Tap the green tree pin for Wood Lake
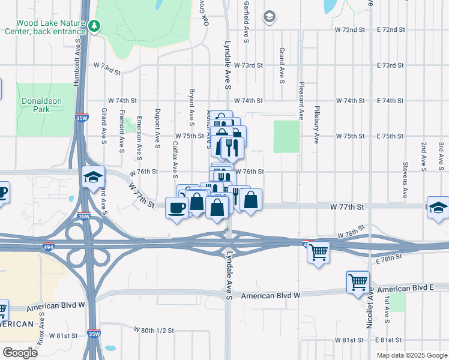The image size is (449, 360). click(94, 25)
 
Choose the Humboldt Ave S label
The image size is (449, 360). click(77, 64)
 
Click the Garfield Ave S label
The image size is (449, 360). click(246, 22)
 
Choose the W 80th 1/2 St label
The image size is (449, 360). click(154, 331)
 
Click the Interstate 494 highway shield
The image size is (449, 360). click(47, 247)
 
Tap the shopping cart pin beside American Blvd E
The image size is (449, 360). click(358, 281)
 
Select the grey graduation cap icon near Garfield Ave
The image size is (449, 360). click(269, 17)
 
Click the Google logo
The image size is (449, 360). click(20, 352)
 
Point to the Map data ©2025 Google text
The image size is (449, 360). click(411, 355)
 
